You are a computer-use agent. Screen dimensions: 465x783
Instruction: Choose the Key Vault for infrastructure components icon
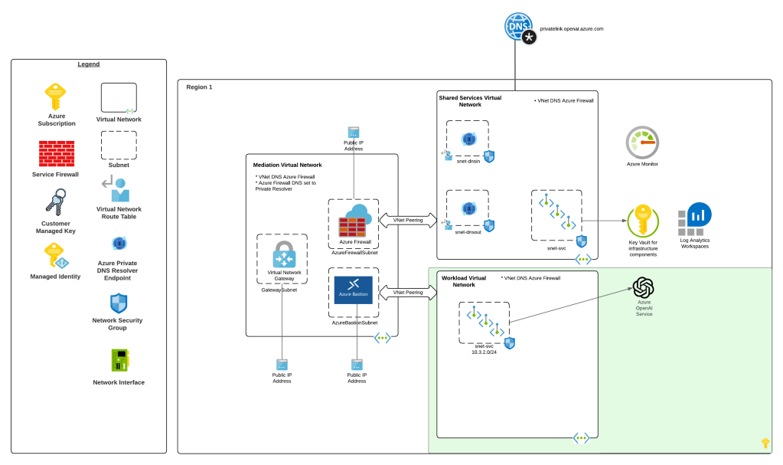[x=643, y=221]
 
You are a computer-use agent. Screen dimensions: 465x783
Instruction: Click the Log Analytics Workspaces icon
[x=694, y=220]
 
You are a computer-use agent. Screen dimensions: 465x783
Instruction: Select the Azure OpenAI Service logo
[x=644, y=288]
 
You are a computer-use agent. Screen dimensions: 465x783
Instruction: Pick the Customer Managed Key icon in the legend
[x=55, y=205]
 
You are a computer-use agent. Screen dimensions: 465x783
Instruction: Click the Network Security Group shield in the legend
[x=118, y=303]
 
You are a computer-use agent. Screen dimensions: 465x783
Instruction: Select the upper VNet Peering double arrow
[x=408, y=221]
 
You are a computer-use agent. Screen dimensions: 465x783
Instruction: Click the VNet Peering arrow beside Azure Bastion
[x=408, y=293]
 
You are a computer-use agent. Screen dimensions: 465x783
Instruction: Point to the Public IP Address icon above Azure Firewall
[x=354, y=133]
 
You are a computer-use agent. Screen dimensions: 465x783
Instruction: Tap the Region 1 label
[x=199, y=87]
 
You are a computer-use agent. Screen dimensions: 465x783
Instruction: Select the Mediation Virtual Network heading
[x=287, y=165]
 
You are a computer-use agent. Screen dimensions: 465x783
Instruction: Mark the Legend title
[x=88, y=64]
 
